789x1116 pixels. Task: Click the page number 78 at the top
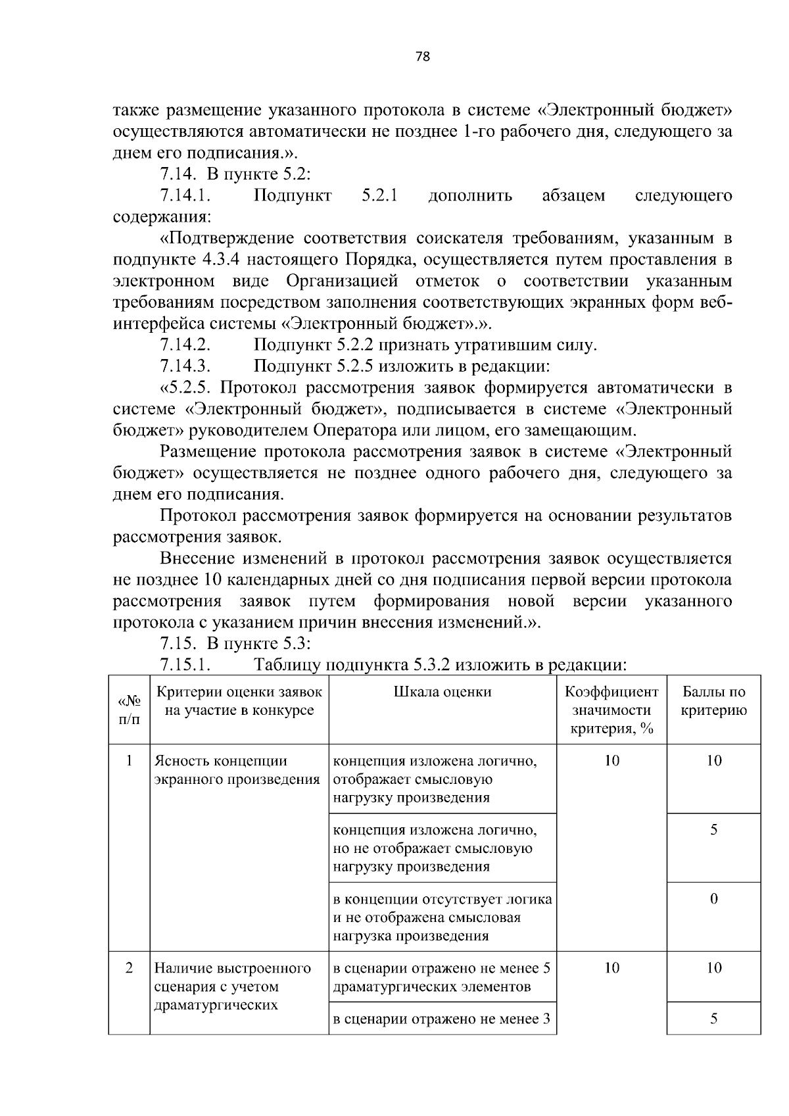[423, 57]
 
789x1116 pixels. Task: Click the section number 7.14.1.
[185, 196]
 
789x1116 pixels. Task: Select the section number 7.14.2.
[185, 345]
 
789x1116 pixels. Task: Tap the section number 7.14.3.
[185, 366]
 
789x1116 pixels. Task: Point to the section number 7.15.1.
[185, 665]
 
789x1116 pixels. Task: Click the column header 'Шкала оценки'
[442, 692]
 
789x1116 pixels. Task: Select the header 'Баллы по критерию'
[713, 701]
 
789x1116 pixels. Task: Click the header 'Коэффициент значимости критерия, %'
[611, 710]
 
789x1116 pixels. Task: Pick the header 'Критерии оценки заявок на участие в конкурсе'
[239, 701]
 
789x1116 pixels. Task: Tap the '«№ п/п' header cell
[129, 710]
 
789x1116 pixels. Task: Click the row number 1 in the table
[129, 761]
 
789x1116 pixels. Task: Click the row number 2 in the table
[129, 968]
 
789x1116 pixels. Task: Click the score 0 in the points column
[713, 899]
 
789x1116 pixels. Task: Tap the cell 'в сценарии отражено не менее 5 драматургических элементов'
[442, 977]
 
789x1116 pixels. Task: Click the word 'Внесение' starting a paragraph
[197, 559]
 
